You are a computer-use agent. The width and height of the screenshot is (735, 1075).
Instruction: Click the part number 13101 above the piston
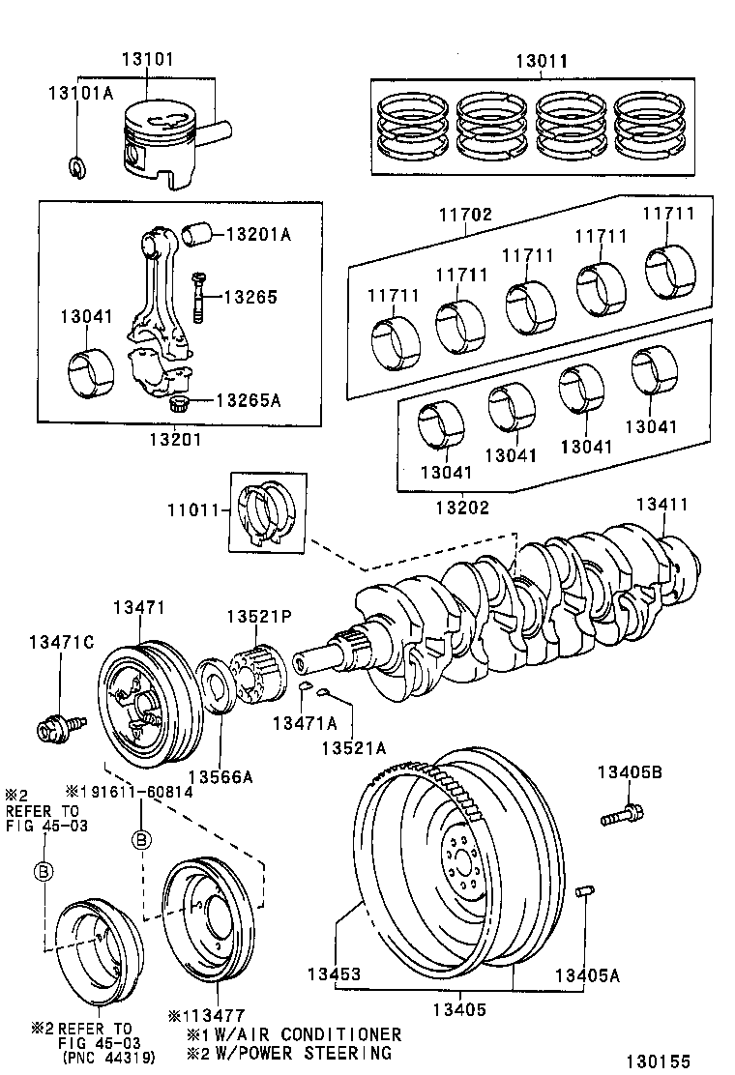coord(148,60)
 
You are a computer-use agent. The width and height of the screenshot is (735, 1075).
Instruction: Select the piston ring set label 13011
coord(541,61)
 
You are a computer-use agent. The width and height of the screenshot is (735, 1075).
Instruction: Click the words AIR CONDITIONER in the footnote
coord(316,1033)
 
